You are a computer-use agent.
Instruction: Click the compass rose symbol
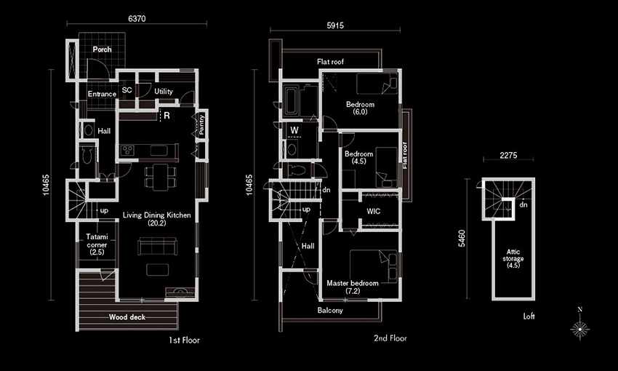(x=579, y=328)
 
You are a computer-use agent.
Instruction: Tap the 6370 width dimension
(x=137, y=18)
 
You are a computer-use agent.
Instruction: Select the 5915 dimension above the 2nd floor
(x=335, y=25)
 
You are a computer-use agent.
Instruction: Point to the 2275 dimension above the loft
(x=508, y=156)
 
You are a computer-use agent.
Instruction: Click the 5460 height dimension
(x=462, y=239)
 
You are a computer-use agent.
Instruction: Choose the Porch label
(x=102, y=49)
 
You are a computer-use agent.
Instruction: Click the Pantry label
(x=202, y=124)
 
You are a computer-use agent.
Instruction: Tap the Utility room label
(x=163, y=92)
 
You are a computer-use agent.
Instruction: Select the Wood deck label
(x=127, y=317)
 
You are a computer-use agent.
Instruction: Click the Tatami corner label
(x=97, y=244)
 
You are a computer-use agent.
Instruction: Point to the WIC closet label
(x=373, y=211)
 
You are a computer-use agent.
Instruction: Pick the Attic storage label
(x=513, y=258)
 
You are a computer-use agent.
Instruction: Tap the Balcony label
(x=330, y=311)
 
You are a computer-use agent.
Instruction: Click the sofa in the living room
(x=157, y=247)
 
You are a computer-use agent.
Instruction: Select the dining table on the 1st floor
(x=161, y=177)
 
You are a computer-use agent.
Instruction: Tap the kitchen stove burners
(x=127, y=151)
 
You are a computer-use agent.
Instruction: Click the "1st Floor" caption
(x=184, y=340)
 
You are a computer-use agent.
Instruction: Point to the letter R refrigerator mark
(x=166, y=116)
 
